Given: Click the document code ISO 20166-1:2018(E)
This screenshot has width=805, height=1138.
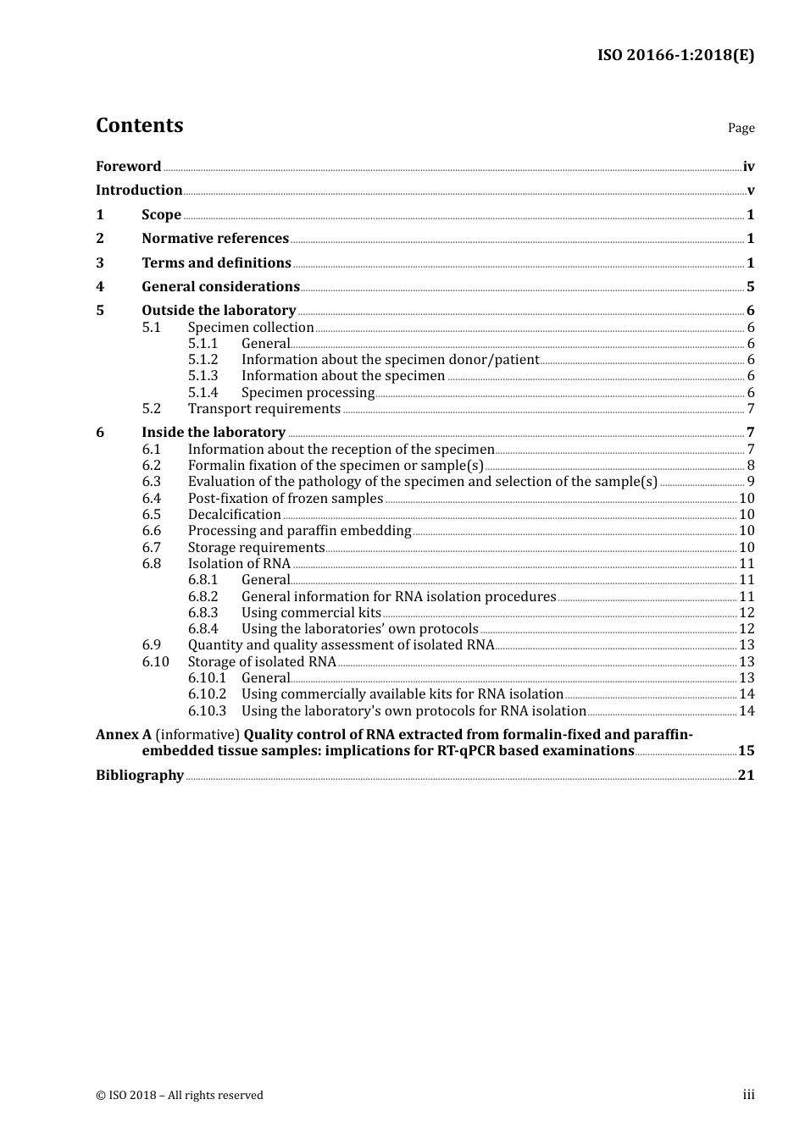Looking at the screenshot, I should [675, 55].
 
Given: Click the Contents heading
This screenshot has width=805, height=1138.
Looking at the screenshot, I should [139, 125].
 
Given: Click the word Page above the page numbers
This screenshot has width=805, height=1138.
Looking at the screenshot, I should [741, 128].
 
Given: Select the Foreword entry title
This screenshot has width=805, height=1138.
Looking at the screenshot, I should [128, 167].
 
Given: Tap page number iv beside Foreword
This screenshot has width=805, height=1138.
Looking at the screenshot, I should [748, 167].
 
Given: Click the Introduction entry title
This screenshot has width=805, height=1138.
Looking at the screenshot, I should [139, 191].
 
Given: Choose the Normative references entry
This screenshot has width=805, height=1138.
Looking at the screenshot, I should [215, 239].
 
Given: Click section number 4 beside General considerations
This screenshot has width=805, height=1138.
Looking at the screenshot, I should [100, 287].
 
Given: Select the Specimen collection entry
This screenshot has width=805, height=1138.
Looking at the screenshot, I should [251, 328].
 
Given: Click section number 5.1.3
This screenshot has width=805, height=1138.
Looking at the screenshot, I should [203, 376].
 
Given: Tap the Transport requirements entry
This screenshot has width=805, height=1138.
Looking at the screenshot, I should [264, 409].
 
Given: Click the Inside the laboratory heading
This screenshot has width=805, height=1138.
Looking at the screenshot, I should [214, 433].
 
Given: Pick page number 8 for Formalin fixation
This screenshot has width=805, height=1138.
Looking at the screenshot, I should [751, 466].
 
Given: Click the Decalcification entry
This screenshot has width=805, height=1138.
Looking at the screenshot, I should [234, 515].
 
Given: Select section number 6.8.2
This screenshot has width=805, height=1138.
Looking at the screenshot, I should [203, 597].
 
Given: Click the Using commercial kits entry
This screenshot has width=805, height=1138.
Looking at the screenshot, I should [311, 613].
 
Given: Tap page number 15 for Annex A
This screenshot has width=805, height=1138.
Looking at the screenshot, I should [746, 751].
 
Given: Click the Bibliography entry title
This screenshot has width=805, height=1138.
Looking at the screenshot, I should [140, 776].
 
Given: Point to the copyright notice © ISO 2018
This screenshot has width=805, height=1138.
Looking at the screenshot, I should [179, 1096].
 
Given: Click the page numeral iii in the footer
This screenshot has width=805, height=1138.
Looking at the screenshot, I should [748, 1095].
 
